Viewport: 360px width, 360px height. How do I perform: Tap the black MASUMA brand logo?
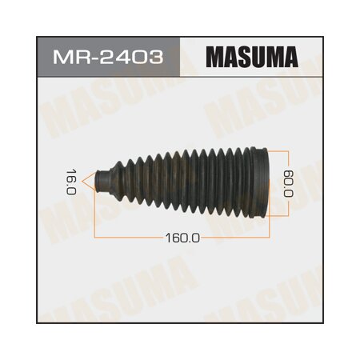point(253,60)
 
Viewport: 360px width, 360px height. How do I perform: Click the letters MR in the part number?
point(68,60)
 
